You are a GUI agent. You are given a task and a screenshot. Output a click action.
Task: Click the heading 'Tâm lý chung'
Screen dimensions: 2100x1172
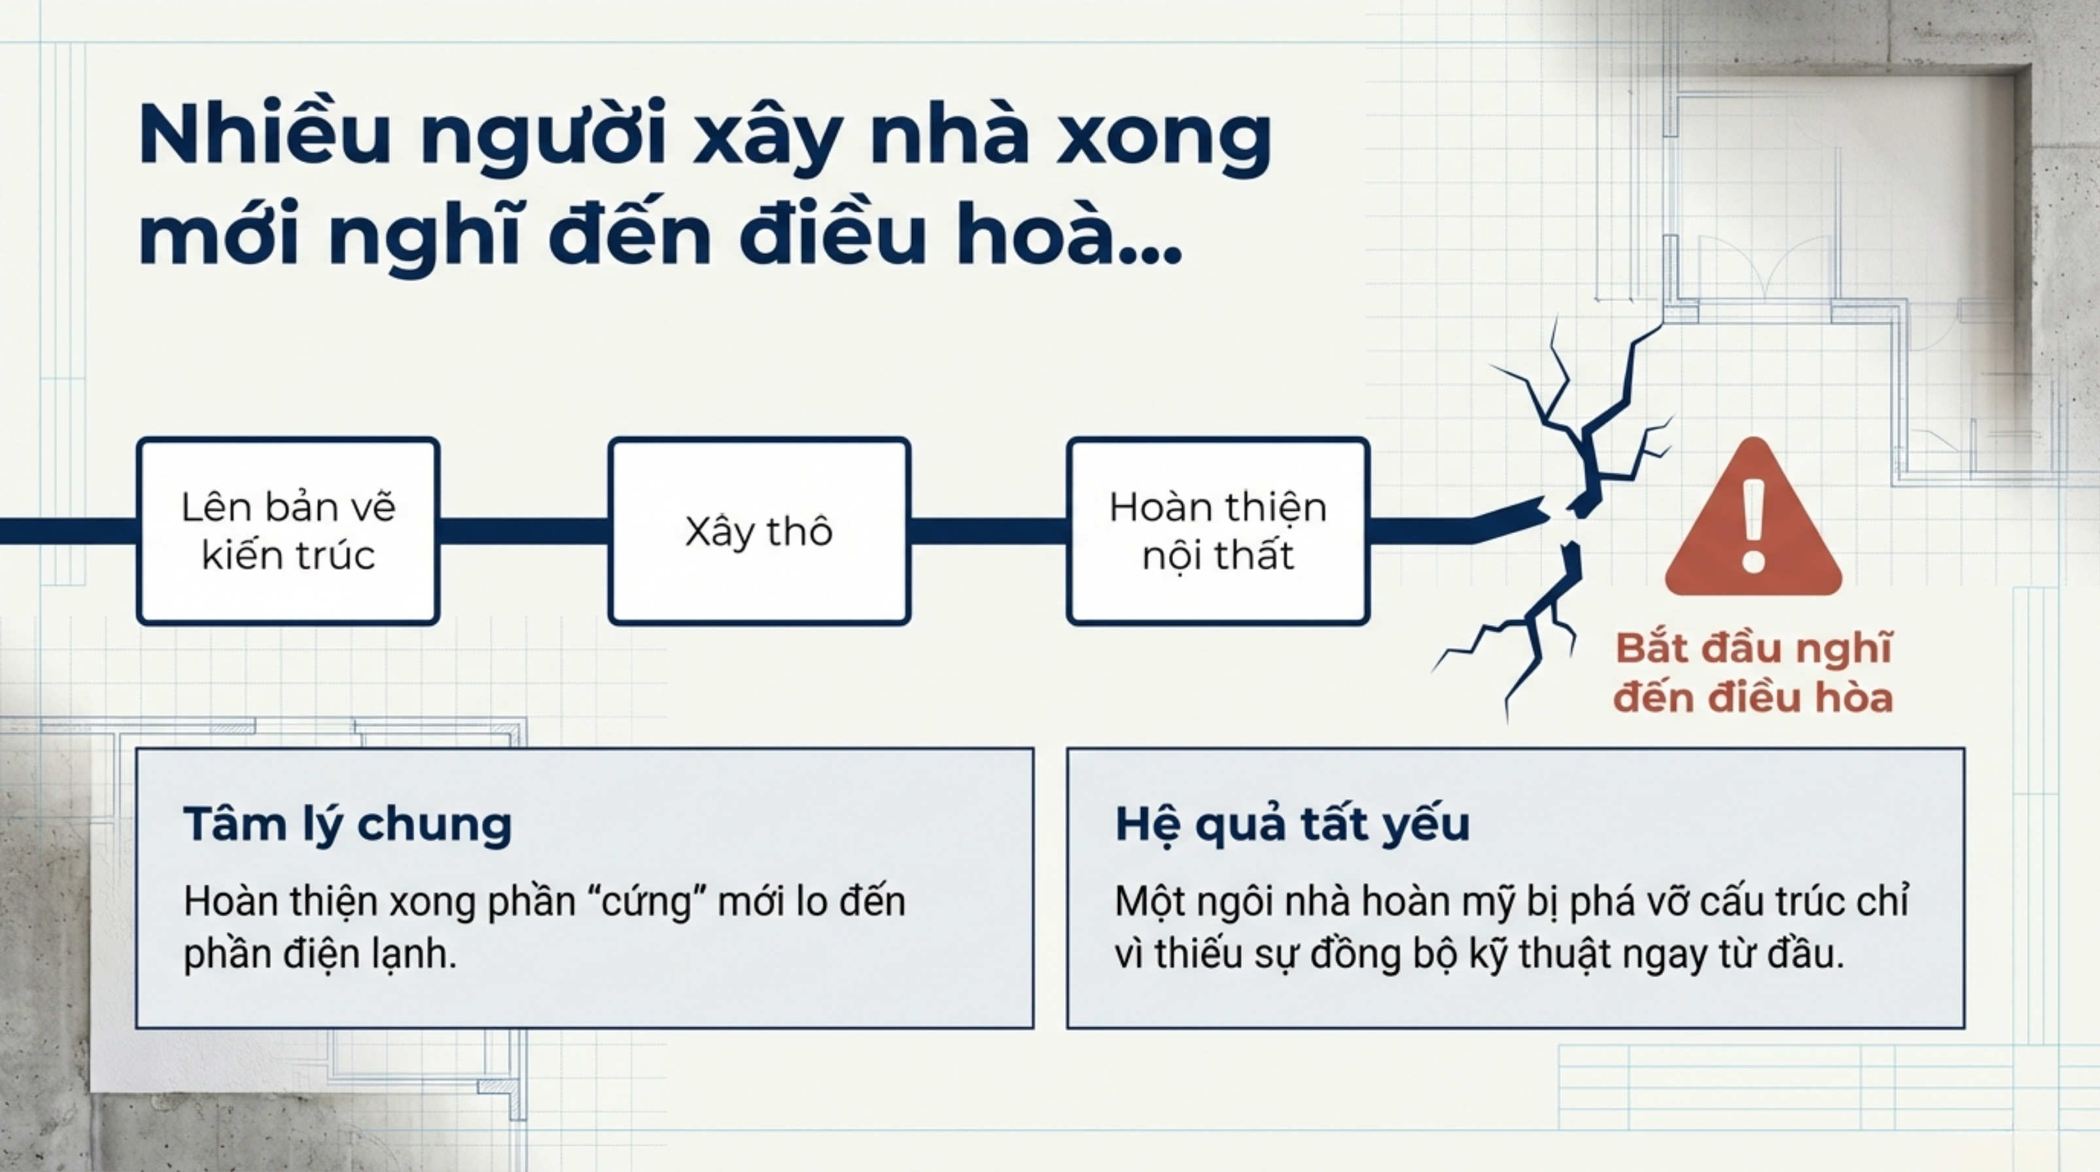348,823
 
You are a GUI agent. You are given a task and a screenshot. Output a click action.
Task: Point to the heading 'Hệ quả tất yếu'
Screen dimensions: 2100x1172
1293,823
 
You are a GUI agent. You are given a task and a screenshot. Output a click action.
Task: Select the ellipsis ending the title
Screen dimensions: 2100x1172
1151,255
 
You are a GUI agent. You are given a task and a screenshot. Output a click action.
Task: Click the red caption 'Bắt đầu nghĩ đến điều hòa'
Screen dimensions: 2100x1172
1753,673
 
